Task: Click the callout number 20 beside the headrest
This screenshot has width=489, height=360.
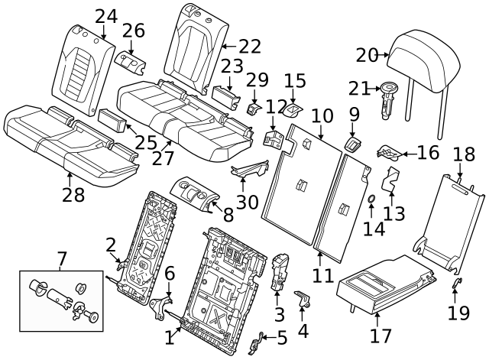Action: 368,55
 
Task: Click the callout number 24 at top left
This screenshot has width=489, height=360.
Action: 106,16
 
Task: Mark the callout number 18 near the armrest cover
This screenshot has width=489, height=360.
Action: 464,154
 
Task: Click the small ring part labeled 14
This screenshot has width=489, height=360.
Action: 371,201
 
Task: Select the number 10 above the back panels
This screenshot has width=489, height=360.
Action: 322,116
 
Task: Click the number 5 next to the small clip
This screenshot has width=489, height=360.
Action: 282,337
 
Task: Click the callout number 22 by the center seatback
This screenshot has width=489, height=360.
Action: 248,47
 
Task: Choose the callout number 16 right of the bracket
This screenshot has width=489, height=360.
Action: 427,152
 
